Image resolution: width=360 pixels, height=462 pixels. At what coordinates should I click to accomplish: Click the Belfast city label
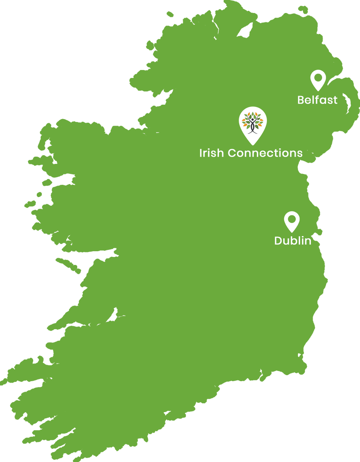(x=317, y=100)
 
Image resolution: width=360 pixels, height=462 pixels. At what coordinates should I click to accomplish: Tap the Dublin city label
(x=293, y=241)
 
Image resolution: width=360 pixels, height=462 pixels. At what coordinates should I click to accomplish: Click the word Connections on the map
(x=265, y=153)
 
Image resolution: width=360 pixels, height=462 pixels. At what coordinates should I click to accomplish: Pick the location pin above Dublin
(x=292, y=221)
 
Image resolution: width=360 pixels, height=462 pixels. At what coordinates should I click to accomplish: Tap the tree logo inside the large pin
(x=253, y=122)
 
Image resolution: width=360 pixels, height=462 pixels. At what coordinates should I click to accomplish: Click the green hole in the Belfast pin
(x=318, y=78)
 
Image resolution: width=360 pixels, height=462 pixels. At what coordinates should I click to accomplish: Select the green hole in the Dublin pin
(x=292, y=219)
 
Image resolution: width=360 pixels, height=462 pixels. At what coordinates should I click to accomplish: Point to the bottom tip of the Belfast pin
(x=318, y=90)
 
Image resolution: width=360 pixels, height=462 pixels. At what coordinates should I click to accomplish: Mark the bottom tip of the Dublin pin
(x=292, y=232)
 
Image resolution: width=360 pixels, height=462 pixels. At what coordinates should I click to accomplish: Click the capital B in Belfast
(x=301, y=100)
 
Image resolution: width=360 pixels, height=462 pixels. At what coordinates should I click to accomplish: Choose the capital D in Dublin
(x=278, y=241)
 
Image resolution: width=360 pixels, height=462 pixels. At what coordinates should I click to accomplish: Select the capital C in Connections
(x=233, y=153)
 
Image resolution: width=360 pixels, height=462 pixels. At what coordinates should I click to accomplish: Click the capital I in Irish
(x=201, y=153)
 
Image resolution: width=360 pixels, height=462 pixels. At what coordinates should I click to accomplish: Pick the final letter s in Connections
(x=299, y=154)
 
